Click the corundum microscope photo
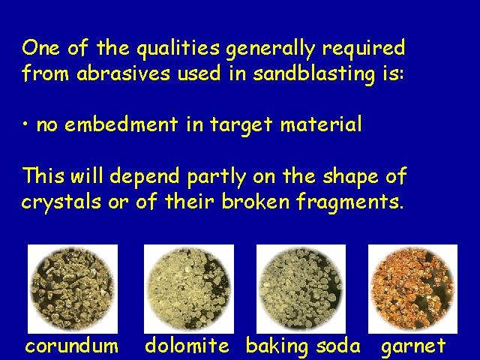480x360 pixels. pyautogui.click(x=73, y=289)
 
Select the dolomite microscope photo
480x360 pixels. pyautogui.click(x=189, y=289)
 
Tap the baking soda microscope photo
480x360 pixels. pyautogui.click(x=301, y=289)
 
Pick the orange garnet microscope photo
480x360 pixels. pyautogui.click(x=412, y=289)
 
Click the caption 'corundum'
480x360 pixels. pyautogui.click(x=72, y=346)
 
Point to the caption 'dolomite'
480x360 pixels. pyautogui.click(x=187, y=345)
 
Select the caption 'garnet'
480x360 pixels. pyautogui.click(x=413, y=347)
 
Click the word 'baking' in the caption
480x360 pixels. pyautogui.click(x=277, y=346)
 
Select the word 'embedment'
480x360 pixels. pyautogui.click(x=121, y=124)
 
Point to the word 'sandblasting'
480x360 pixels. pyautogui.click(x=314, y=74)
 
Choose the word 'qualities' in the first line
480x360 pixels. pyautogui.click(x=178, y=49)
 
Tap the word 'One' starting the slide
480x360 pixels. pyautogui.click(x=41, y=48)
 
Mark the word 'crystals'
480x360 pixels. pyautogui.click(x=61, y=202)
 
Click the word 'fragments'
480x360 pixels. pyautogui.click(x=350, y=202)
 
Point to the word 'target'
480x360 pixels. pyautogui.click(x=241, y=125)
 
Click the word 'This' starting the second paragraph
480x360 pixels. pyautogui.click(x=43, y=175)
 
